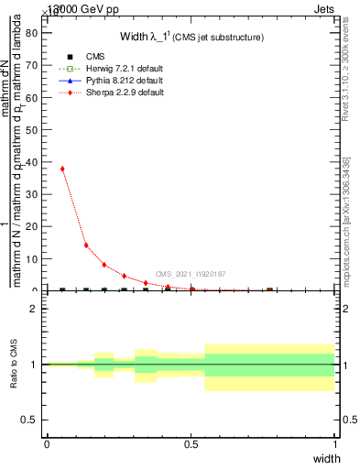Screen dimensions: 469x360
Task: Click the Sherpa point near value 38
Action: tap(62, 169)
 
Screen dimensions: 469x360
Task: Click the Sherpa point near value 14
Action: tap(86, 245)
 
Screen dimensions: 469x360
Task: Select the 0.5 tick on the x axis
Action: tap(191, 443)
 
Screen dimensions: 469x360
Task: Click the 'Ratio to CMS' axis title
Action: tap(14, 364)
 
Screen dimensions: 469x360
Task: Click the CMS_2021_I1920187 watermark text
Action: tap(191, 274)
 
